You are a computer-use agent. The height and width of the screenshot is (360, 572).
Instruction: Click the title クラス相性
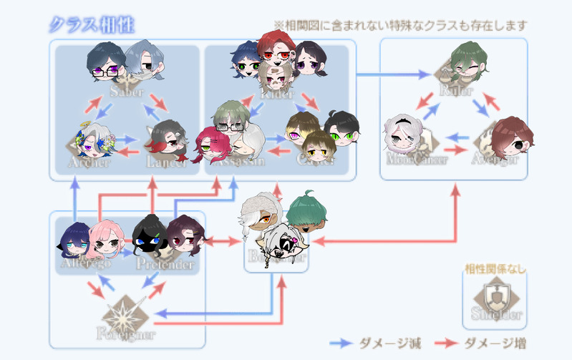tap(92, 25)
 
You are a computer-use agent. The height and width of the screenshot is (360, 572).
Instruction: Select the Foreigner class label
tap(126, 333)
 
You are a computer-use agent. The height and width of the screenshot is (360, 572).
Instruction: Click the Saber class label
tap(127, 92)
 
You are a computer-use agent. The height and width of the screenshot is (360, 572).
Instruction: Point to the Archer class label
tap(89, 162)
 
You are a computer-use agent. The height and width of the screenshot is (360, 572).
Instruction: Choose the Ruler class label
tap(456, 91)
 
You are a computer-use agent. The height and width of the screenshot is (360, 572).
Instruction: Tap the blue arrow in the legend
tap(344, 343)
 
